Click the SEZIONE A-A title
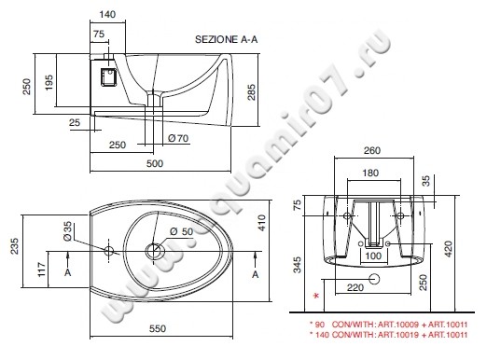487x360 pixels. coord(227,39)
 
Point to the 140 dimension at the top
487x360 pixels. coord(107,14)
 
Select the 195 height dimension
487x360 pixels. coord(49,82)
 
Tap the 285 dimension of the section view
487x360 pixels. coord(251,91)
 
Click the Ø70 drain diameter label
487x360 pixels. coord(178,138)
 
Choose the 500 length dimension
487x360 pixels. coord(155,163)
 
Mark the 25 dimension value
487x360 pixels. coord(75,122)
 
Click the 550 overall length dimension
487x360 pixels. coord(158,328)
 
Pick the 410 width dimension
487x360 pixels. coord(262,223)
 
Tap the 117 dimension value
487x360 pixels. coord(42,270)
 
